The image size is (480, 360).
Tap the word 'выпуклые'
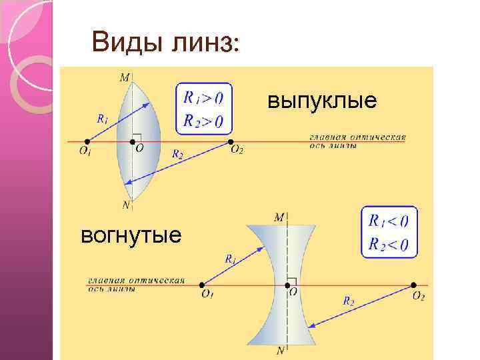[x=322, y=101]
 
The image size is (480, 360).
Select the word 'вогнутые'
[x=130, y=235]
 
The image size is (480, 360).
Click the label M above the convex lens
[x=125, y=78]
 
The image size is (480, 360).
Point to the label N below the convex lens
[x=126, y=204]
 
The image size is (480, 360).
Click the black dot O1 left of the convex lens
[x=87, y=142]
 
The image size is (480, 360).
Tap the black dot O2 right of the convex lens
[x=231, y=142]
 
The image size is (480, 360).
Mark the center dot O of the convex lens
[x=132, y=142]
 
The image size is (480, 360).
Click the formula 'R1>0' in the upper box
[x=203, y=98]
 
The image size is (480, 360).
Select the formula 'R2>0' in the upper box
[x=203, y=121]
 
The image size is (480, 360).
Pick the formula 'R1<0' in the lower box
[x=389, y=221]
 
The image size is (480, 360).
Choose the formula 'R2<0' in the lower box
[x=389, y=244]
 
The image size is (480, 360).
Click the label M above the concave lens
[x=279, y=217]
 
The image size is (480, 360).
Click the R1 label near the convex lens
[x=102, y=120]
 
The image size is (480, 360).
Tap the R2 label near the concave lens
[x=349, y=301]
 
